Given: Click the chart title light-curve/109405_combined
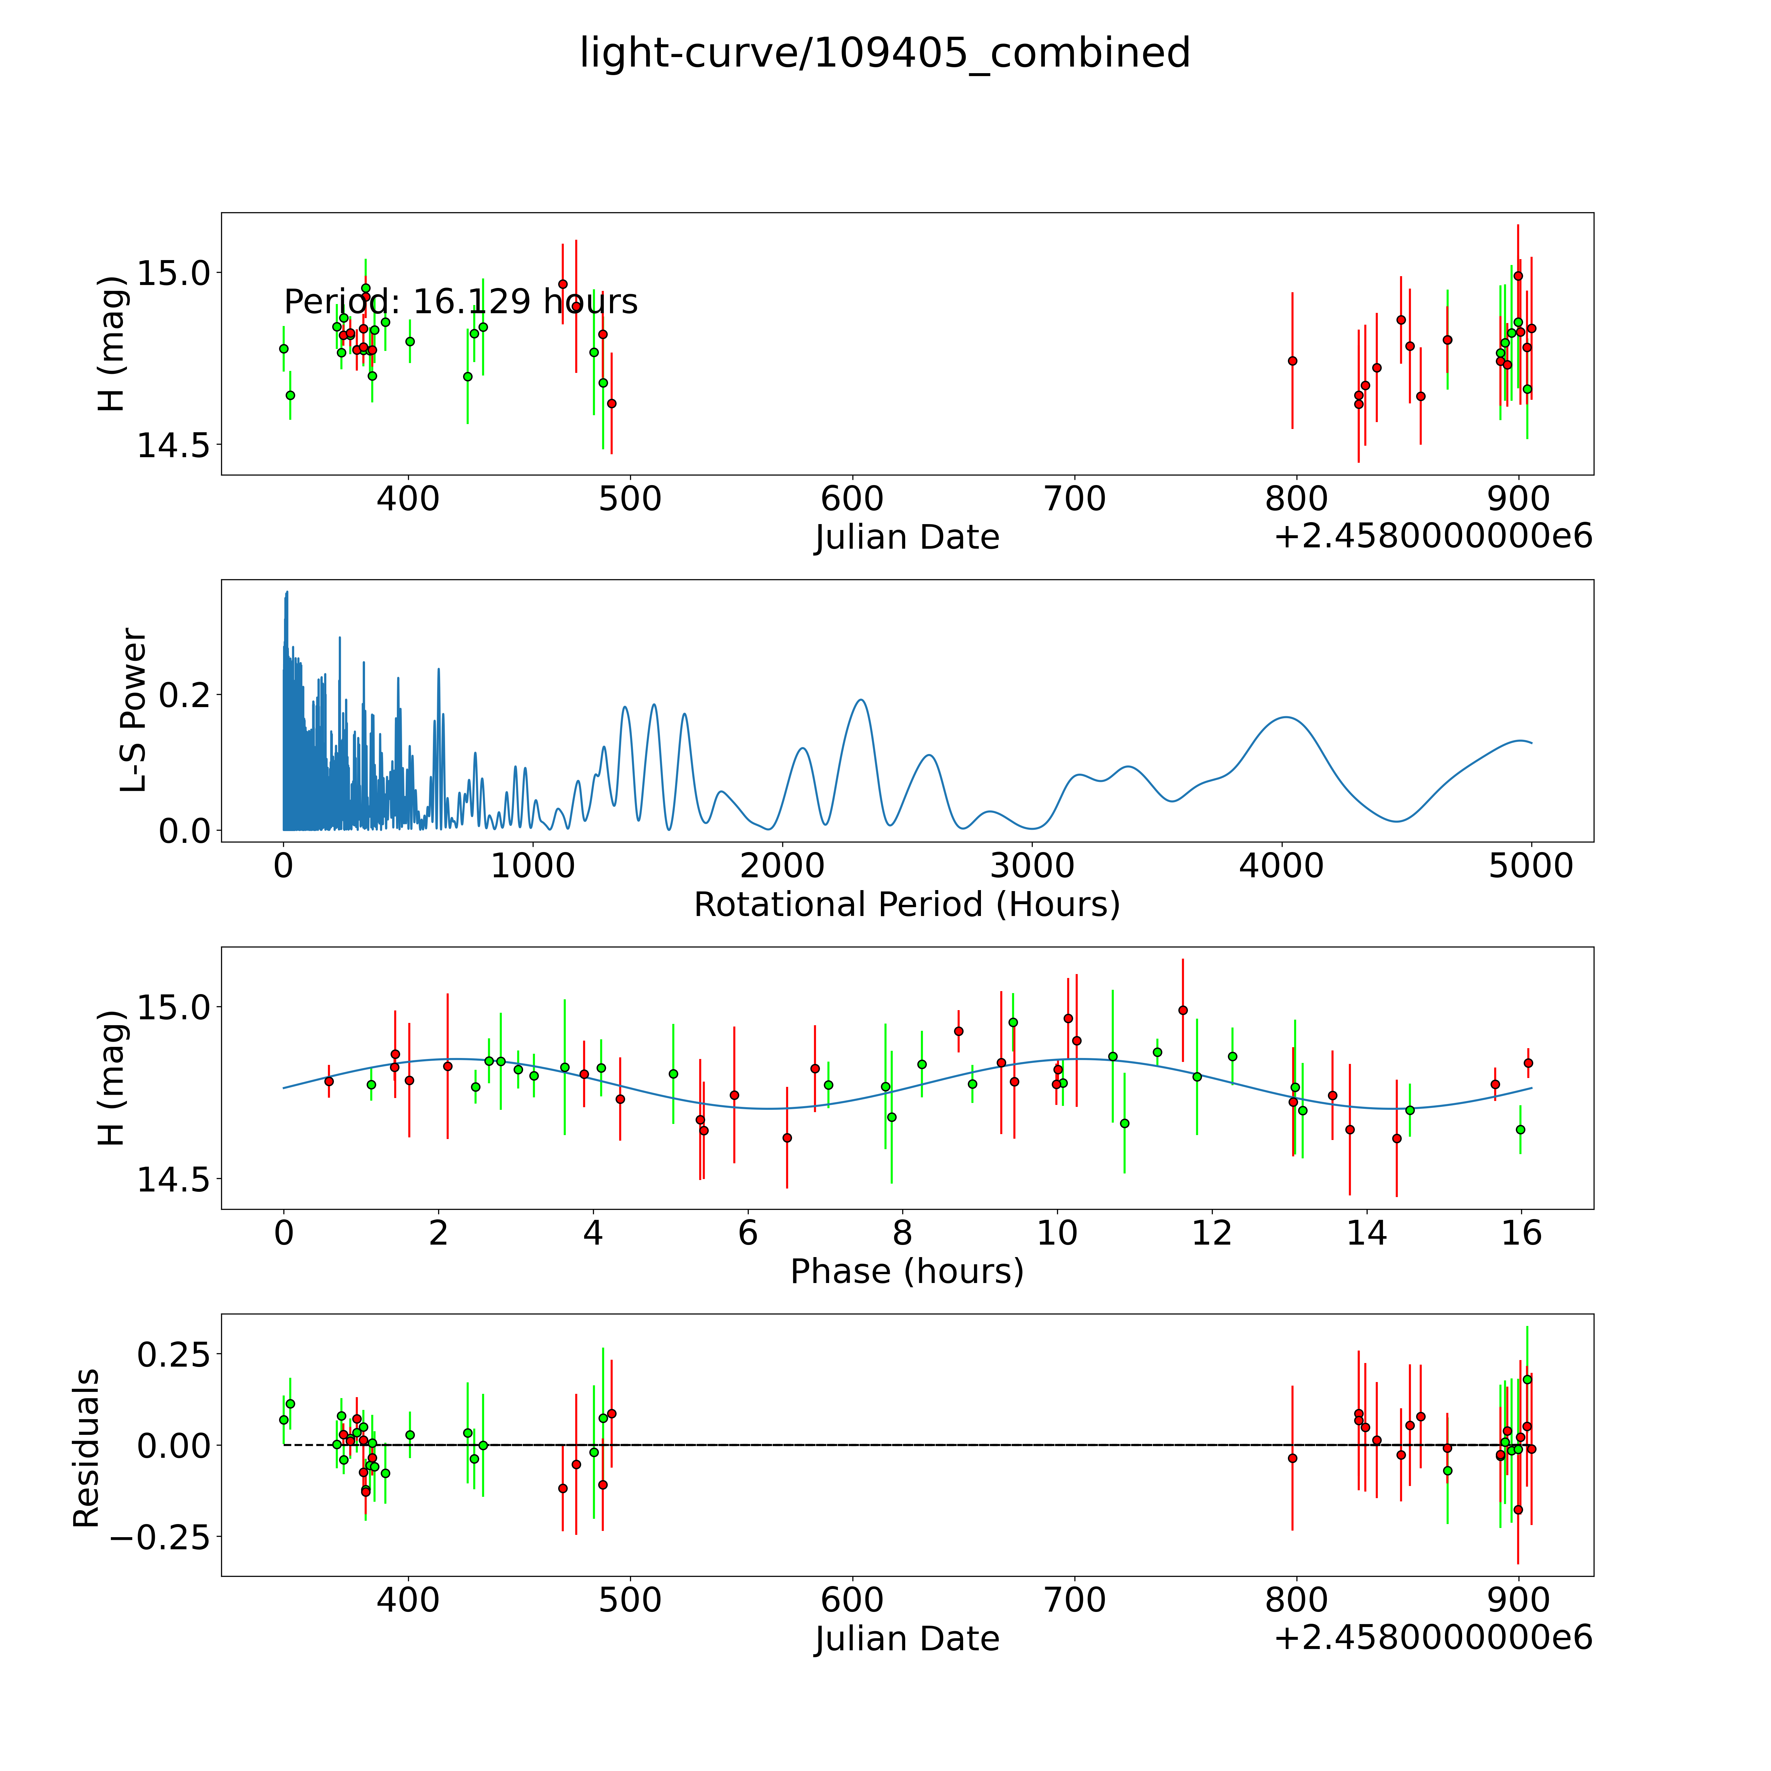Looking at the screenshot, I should [885, 53].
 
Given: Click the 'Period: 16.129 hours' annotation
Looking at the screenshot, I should [460, 302].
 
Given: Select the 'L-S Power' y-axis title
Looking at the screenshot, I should [134, 710].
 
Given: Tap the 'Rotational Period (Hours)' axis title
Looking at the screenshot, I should [906, 905].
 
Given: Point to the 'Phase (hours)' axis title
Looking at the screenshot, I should [906, 1272].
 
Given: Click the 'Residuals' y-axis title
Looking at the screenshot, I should [86, 1448].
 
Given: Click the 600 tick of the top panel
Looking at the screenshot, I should [852, 499].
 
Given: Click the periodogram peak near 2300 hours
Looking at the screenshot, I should [861, 700].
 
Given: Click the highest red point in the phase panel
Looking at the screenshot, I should [1183, 1010].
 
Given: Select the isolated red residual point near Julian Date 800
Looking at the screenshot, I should [1293, 1458].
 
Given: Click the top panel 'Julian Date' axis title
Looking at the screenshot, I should [906, 537].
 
